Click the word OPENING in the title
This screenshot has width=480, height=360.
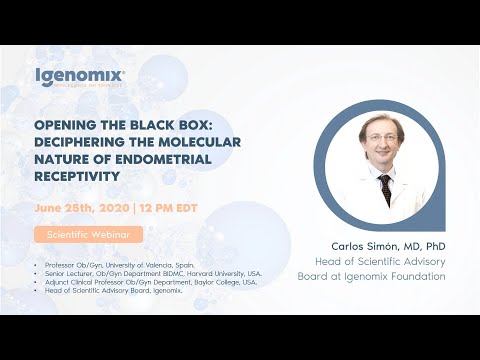point(64,128)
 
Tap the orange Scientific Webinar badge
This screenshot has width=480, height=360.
point(88,235)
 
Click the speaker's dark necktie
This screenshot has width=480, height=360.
point(385,189)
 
